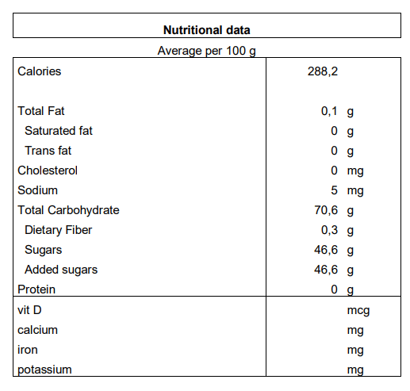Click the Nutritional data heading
pos(207,30)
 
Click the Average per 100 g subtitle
pos(206,51)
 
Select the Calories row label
pos(39,71)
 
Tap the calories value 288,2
pos(323,71)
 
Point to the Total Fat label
pos(41,111)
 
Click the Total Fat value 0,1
pos(329,111)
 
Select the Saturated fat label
pos(59,131)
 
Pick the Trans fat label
pos(48,151)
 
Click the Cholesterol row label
pos(48,171)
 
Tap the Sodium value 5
pos(334,190)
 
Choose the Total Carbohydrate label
pos(68,210)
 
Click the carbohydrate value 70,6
pos(326,210)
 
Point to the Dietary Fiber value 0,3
pos(329,230)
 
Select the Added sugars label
pos(61,270)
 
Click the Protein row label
pos(36,289)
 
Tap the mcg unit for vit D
pos(358,311)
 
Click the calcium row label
pos(37,330)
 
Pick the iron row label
pos(28,350)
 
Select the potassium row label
pos(44,370)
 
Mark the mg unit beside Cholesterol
pos(355,171)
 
